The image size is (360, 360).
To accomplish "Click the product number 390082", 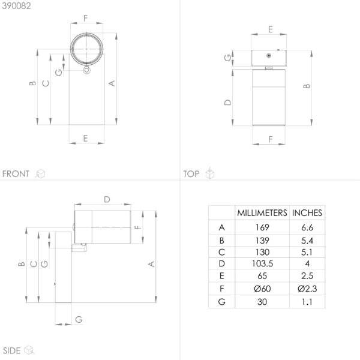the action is (16, 6).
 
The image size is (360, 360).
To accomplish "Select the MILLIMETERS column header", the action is (262, 213).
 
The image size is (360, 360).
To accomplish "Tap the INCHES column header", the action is (307, 213).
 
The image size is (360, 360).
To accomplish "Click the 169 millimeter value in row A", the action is (262, 227).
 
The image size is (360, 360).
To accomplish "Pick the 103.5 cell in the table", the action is (262, 263).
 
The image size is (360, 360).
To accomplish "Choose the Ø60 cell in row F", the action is (262, 289).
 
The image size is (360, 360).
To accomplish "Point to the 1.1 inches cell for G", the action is (307, 302).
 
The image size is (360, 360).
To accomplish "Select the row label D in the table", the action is (221, 263).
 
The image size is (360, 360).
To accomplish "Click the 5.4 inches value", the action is (307, 241).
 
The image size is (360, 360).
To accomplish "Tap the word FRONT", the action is (16, 174).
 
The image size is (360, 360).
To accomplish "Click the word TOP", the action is (191, 174).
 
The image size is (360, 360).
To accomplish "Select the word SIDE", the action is (12, 350).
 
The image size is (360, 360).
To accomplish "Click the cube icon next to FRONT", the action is (40, 174).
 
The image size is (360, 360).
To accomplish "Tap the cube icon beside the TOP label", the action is (210, 173).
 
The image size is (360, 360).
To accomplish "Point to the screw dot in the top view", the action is (269, 56).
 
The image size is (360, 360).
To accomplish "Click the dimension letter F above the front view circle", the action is (86, 18).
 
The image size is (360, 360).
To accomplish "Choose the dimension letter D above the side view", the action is (107, 199).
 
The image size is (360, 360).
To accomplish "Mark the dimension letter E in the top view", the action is (271, 29).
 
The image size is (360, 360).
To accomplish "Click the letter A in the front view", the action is (112, 83).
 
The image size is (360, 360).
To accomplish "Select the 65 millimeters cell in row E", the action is (262, 276).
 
